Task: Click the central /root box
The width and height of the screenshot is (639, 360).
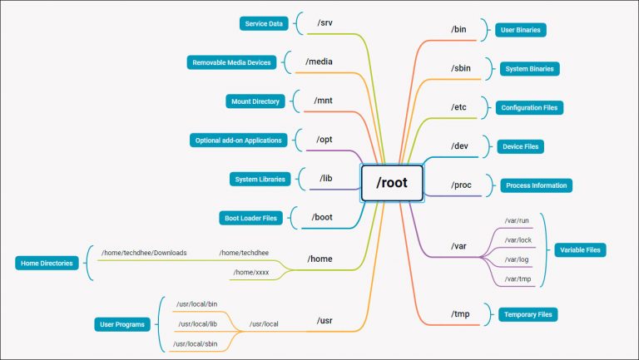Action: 392,183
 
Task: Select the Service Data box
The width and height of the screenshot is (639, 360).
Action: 263,23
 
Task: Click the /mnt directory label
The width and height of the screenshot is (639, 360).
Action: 323,101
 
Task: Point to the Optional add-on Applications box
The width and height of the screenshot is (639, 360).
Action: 237,140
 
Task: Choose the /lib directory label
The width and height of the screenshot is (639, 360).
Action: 325,178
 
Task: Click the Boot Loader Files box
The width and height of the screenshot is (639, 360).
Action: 250,218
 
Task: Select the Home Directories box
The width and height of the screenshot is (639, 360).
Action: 44,264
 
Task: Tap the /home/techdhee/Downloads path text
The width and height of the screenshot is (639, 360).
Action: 144,252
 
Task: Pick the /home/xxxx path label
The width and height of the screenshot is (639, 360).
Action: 250,272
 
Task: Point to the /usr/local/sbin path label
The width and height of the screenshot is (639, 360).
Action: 196,343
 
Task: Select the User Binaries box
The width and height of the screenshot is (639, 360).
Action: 520,30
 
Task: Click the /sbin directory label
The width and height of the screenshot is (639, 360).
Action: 462,68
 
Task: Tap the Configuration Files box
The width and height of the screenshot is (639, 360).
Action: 530,107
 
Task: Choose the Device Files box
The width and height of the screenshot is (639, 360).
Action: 520,146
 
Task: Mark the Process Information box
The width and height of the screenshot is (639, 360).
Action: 536,185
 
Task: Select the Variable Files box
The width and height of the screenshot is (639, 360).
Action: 581,249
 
